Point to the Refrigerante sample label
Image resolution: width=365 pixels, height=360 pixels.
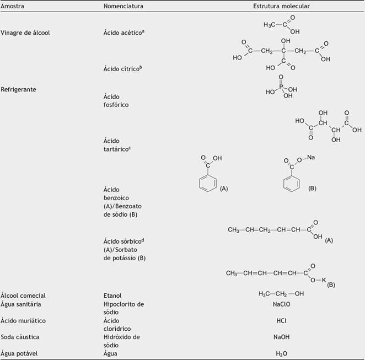coord(19,89)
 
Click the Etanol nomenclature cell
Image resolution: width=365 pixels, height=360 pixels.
coord(112,295)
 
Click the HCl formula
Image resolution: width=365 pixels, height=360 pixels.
coord(281,320)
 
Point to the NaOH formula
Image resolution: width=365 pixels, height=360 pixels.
coord(281,336)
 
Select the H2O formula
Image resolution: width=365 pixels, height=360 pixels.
coord(281,353)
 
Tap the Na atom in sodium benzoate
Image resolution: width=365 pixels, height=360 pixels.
coord(311,158)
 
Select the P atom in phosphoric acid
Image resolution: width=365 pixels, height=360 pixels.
coord(280,86)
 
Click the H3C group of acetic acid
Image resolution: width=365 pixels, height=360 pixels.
coord(269,25)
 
